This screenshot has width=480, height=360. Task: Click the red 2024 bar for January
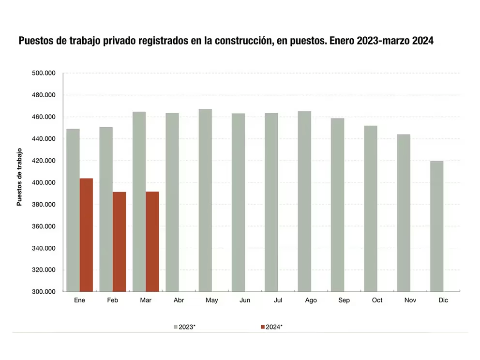86,235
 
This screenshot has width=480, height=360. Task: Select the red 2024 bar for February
119,242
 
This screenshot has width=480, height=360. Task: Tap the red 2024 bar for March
152,242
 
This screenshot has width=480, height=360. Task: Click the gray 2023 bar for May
205,200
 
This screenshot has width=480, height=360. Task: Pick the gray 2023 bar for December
436,226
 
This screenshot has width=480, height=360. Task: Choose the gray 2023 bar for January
73,210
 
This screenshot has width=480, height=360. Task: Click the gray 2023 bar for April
172,202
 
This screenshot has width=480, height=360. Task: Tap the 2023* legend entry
185,327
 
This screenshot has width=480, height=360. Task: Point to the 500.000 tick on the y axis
44,74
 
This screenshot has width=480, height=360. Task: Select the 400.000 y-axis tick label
44,183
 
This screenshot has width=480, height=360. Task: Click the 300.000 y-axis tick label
44,292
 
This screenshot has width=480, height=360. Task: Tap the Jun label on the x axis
245,300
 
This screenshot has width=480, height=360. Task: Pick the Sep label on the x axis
344,300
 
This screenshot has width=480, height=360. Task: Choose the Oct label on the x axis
377,300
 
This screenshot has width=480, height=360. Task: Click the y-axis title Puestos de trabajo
20,177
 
